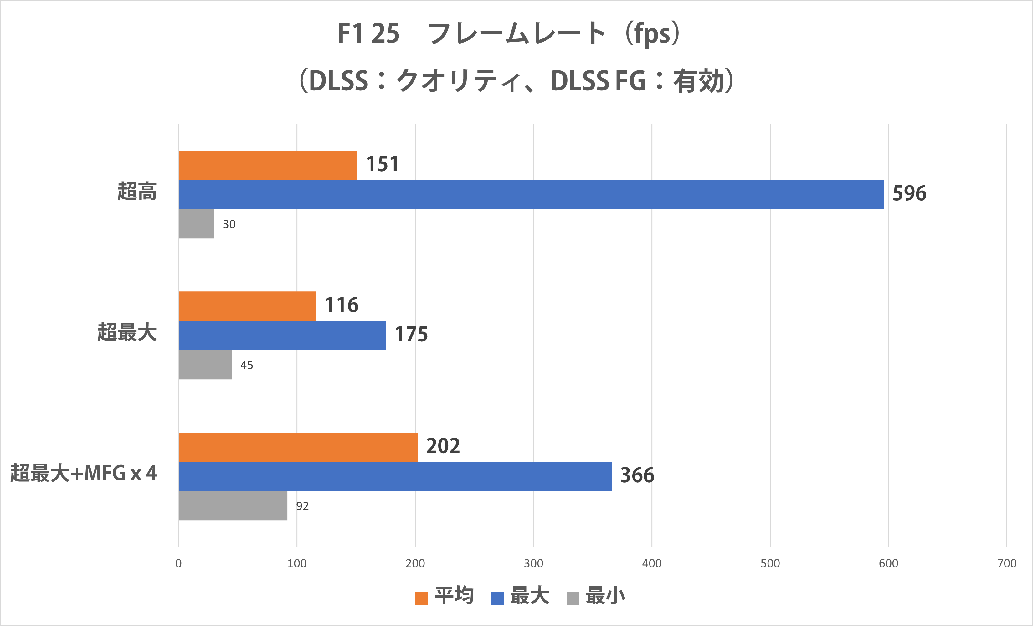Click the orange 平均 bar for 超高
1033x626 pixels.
click(x=268, y=165)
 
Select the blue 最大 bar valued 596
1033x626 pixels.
click(x=531, y=195)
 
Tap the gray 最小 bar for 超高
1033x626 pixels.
click(x=196, y=224)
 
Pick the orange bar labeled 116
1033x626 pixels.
click(x=247, y=306)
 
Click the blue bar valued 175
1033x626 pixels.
click(x=282, y=336)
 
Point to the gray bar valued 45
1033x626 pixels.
click(x=205, y=365)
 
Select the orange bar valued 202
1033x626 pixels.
click(x=298, y=447)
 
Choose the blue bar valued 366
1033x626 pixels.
click(x=395, y=476)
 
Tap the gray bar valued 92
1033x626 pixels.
click(x=233, y=506)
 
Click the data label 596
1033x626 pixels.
click(x=909, y=194)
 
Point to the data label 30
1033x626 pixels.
click(x=229, y=224)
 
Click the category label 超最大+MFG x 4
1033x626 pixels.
click(x=84, y=473)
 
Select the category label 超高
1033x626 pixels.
click(x=137, y=192)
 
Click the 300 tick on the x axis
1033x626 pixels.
click(x=533, y=563)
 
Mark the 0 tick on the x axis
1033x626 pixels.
click(x=179, y=563)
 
